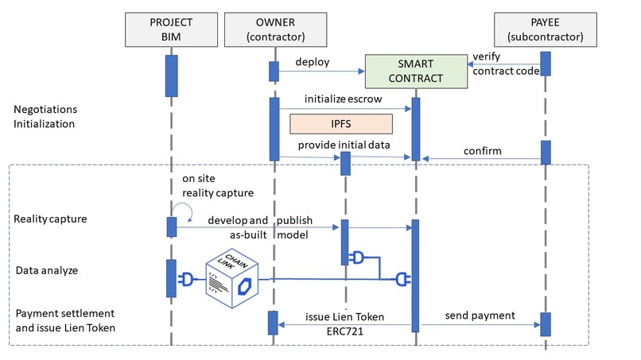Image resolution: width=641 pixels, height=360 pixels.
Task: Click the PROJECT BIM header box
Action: click(x=172, y=29)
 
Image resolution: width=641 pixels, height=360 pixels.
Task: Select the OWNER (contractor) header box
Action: click(x=274, y=29)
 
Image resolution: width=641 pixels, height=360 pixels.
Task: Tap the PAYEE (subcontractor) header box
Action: click(x=545, y=29)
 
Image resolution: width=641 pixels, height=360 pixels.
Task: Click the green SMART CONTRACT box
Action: click(x=415, y=71)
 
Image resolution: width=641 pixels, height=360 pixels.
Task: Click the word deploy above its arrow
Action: click(x=313, y=62)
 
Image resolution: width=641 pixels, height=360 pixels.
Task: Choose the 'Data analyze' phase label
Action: click(x=48, y=270)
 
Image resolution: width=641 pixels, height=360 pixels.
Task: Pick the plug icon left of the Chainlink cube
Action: click(x=188, y=279)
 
